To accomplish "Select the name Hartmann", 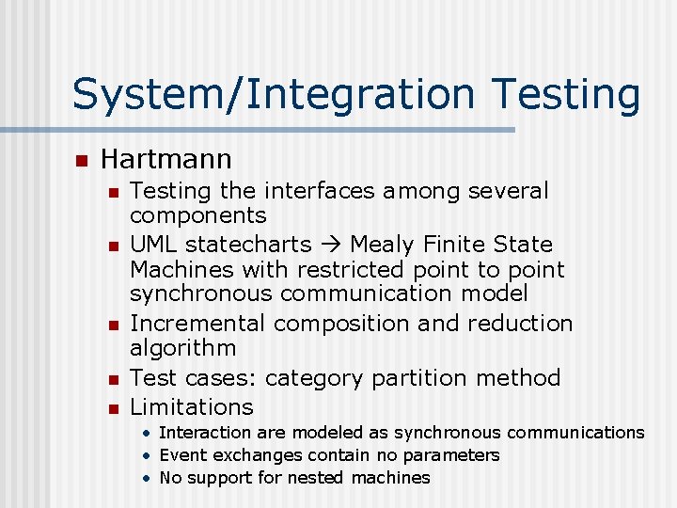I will click(165, 158).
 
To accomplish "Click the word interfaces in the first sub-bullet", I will click(320, 191).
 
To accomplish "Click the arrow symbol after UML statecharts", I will click(327, 245).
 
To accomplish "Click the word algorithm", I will click(182, 348).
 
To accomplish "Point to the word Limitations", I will click(192, 407).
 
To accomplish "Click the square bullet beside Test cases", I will click(112, 379).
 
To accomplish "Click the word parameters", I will click(454, 455).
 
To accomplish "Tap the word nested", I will click(320, 478).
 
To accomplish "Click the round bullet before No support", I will click(148, 478).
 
